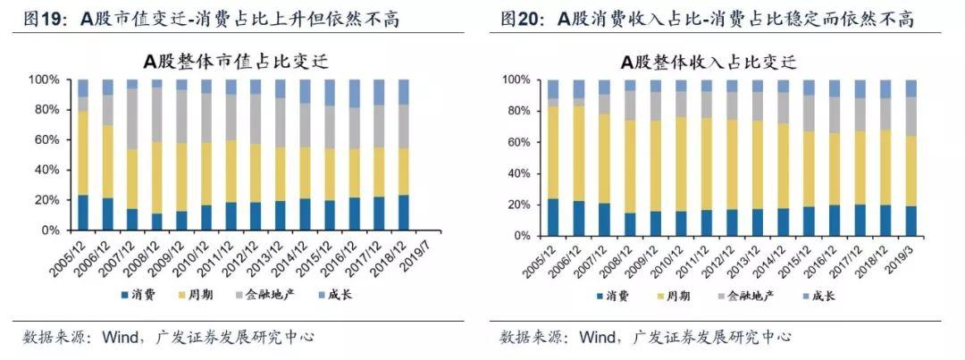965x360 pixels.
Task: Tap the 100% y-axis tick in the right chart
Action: pyautogui.click(x=520, y=80)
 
